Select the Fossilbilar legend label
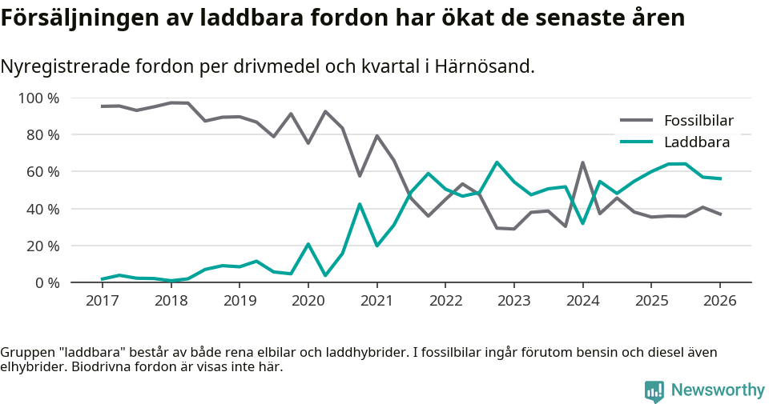coord(699,121)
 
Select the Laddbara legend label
coord(697,142)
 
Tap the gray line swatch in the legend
coord(637,121)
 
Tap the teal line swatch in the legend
coord(637,142)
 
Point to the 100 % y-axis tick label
coord(38,98)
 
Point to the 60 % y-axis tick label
coord(42,172)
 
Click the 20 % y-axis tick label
coord(42,246)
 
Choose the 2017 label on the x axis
coord(102,301)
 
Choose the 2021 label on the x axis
coord(376,301)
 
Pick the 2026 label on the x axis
coord(719,301)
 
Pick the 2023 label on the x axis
coord(513,301)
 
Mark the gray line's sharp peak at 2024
coord(582,162)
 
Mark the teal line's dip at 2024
coord(582,223)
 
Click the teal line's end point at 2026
coord(720,178)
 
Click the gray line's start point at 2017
coord(102,106)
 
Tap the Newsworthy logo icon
coord(654,390)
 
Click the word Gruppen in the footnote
coord(26,353)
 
